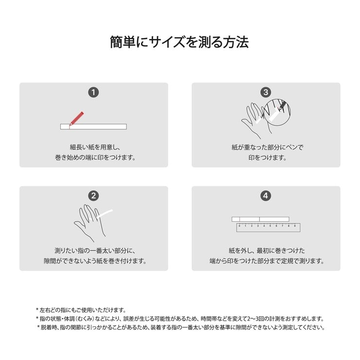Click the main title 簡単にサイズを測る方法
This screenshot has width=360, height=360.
click(x=180, y=42)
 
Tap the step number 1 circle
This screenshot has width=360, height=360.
click(x=93, y=92)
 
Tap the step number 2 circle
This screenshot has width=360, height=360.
click(x=93, y=196)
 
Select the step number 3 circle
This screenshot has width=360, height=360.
click(x=266, y=92)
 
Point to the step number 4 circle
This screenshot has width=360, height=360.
click(x=266, y=196)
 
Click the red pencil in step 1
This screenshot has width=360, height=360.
click(x=76, y=118)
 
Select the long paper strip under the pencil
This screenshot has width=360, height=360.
click(x=93, y=126)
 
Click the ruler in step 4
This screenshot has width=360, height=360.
click(x=268, y=227)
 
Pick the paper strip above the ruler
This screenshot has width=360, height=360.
click(x=260, y=219)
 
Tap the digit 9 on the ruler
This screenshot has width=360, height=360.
click(x=295, y=226)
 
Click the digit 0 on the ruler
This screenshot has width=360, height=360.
click(x=239, y=226)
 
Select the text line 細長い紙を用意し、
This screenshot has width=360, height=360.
click(x=94, y=147)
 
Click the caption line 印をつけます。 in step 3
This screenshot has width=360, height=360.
click(x=266, y=158)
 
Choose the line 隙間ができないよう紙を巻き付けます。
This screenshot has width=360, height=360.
click(x=94, y=261)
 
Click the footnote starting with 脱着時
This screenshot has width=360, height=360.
click(x=181, y=327)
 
